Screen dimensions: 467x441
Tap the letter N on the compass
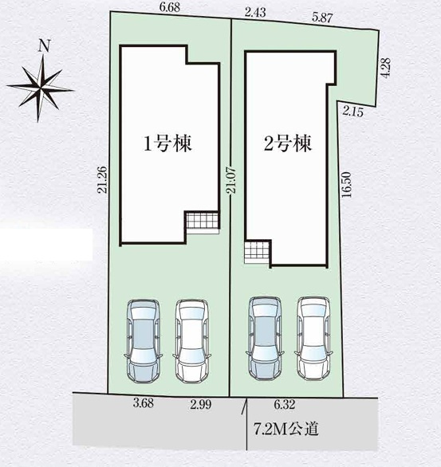(45, 45)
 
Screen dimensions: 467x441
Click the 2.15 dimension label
(352, 112)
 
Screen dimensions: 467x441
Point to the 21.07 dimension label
(231, 188)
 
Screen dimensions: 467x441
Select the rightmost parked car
(315, 336)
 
